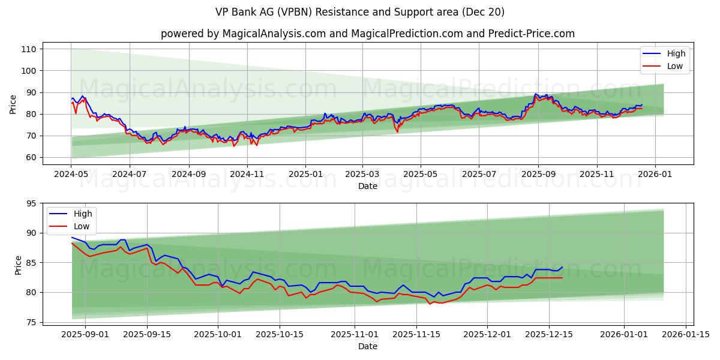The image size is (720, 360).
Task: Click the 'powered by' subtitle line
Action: pyautogui.click(x=368, y=34)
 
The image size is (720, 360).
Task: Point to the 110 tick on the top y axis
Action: pyautogui.click(x=29, y=49)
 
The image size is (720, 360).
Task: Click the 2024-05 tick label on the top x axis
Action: pyautogui.click(x=71, y=175)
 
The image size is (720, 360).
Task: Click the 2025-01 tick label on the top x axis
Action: pyautogui.click(x=305, y=175)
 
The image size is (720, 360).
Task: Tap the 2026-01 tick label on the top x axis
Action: pyautogui.click(x=655, y=175)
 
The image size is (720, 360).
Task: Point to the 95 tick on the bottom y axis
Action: pyautogui.click(x=31, y=203)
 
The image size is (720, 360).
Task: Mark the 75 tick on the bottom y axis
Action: pyautogui.click(x=31, y=322)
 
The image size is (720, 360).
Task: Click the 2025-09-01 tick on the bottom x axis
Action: pyautogui.click(x=85, y=334)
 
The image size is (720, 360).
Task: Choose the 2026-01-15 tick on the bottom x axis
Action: pyautogui.click(x=686, y=334)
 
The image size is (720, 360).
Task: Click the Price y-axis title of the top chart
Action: pyautogui.click(x=13, y=104)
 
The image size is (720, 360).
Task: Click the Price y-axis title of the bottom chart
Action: pyautogui.click(x=18, y=265)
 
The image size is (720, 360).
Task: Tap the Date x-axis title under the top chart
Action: pyautogui.click(x=368, y=186)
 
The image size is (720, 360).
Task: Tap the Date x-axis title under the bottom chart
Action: pyautogui.click(x=368, y=346)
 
